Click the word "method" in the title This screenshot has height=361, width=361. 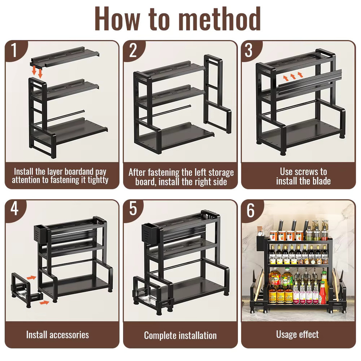(220, 18)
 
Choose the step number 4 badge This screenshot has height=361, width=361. (15, 209)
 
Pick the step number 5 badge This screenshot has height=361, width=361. (133, 209)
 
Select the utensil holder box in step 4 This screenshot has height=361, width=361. (41, 234)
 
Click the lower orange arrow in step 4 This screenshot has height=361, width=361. (44, 302)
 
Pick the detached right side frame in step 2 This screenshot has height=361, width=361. (217, 94)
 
